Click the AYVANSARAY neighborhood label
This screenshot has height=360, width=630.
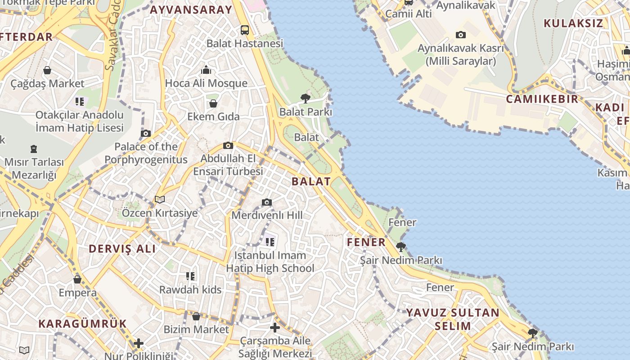pos(191,10)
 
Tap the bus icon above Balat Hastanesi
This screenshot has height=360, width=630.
pos(245,30)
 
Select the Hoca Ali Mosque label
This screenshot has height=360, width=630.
pos(206,83)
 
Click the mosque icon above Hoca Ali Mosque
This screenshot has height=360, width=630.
pos(206,70)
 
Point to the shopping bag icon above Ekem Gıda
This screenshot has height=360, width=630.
pos(213,103)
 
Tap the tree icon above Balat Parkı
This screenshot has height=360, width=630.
pos(306,98)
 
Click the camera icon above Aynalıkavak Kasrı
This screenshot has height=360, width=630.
pos(460,35)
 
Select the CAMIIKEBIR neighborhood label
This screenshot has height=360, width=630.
pos(542,99)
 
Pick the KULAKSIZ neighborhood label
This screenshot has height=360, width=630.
pos(573,23)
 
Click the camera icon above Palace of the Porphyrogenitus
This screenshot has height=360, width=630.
pos(146,133)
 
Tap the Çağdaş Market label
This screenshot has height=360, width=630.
pos(47,84)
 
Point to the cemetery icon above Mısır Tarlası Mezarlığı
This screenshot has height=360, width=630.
pos(34,148)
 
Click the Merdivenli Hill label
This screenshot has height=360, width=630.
pos(267,215)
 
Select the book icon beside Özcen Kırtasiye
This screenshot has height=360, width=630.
pos(160,199)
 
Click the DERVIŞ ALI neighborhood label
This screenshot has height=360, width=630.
pos(122,249)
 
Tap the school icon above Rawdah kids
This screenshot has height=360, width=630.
pos(190,276)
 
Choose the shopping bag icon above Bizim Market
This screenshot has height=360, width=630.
pos(196,316)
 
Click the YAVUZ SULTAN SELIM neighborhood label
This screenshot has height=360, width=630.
pos(453,319)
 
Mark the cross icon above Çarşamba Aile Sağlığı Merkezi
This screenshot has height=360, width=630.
pos(275,328)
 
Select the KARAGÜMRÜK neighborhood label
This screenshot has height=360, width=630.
pos(82,324)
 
